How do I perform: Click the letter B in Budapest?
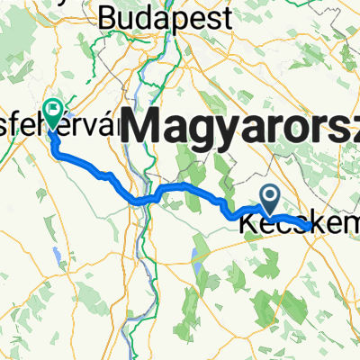click(107, 16)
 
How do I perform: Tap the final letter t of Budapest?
click(226, 16)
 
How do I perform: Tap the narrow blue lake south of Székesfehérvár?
click(56, 257)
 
